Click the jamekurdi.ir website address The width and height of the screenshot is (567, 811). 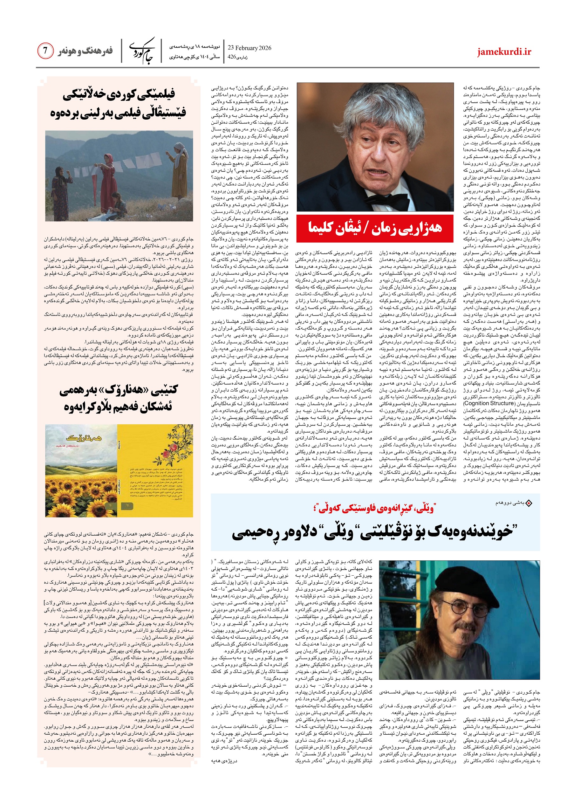click(x=504, y=52)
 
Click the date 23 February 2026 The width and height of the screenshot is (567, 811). click(x=249, y=48)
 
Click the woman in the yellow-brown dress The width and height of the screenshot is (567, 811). click(x=180, y=166)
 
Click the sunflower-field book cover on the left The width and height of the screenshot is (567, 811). click(x=81, y=470)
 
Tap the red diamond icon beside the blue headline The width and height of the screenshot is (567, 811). click(x=529, y=503)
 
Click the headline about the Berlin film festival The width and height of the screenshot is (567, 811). click(x=119, y=103)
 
